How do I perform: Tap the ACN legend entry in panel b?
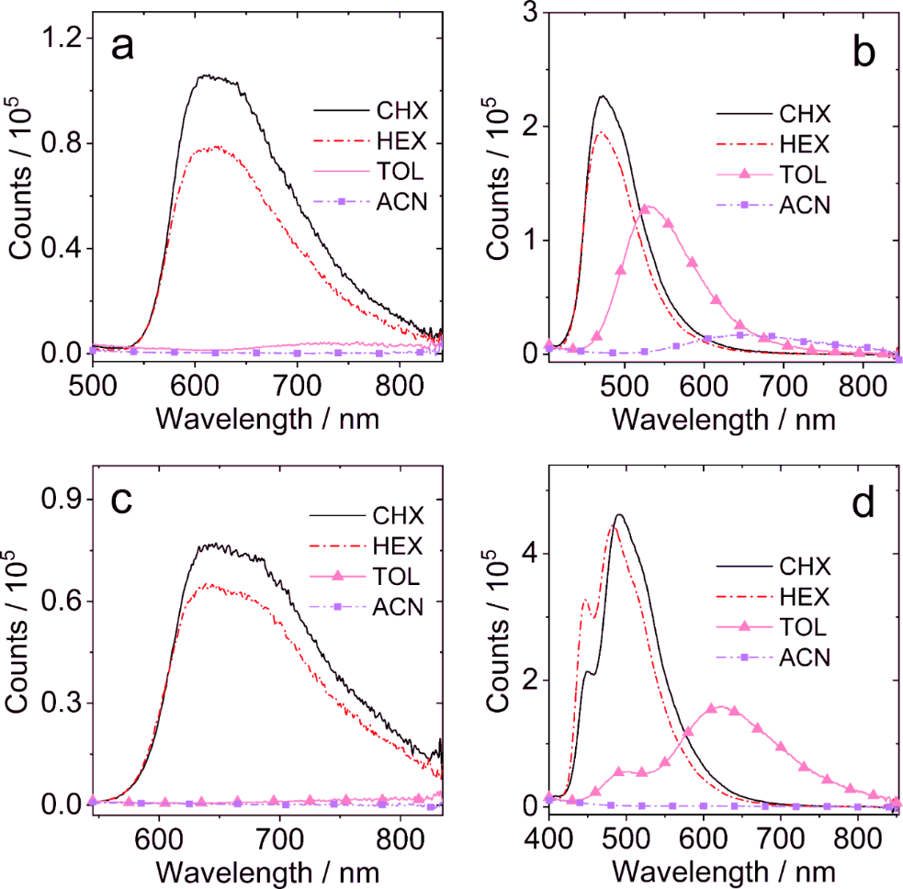(x=805, y=204)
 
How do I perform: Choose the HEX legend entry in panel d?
(x=805, y=596)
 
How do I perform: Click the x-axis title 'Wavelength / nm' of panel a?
(x=267, y=418)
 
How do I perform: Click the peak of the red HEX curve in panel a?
(x=213, y=146)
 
